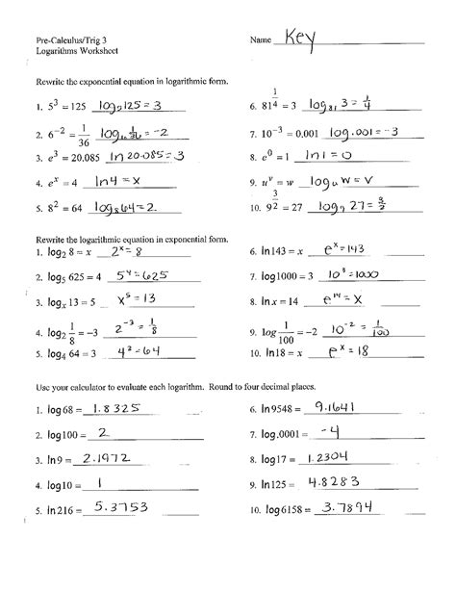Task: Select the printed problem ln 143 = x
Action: (286, 249)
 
